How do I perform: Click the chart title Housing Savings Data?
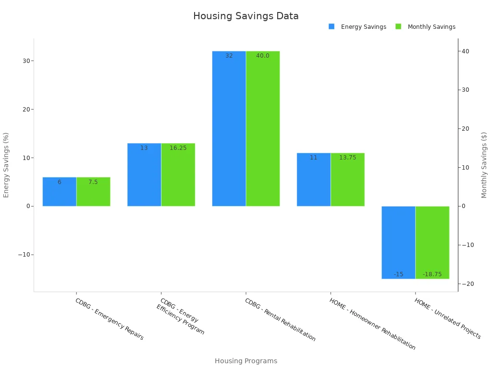[246, 16]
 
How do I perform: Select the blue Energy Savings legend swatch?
[332, 26]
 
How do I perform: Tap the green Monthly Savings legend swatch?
[398, 26]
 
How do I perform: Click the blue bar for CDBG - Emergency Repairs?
[60, 192]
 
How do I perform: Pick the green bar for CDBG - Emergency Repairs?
[93, 192]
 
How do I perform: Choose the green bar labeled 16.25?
[178, 175]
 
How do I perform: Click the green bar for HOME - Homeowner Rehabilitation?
[347, 180]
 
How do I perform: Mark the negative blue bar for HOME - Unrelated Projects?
[398, 242]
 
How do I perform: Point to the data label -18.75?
[432, 274]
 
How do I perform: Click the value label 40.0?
[262, 56]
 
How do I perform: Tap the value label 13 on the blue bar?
[144, 148]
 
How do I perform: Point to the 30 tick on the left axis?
[25, 61]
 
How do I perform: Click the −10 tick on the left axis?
[24, 255]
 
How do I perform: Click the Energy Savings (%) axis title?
[6, 165]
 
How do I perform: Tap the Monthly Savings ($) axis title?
[484, 165]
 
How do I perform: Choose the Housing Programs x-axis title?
[246, 361]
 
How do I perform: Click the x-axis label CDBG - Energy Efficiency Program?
[180, 317]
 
